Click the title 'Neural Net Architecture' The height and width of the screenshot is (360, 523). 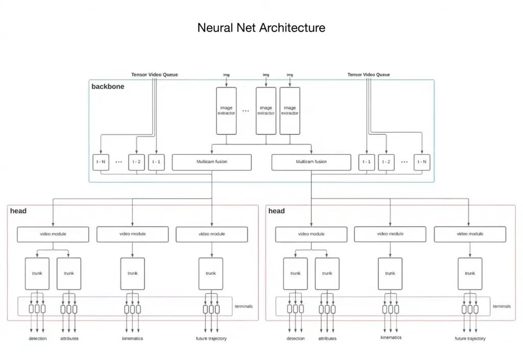[261, 28]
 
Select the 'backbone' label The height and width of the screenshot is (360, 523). [108, 86]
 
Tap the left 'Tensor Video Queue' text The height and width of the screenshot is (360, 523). [154, 75]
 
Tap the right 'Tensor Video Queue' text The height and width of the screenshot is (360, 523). [368, 75]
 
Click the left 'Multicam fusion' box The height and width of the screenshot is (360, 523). [212, 162]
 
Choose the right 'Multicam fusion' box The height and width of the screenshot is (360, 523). [311, 162]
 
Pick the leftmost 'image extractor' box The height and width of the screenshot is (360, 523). [226, 110]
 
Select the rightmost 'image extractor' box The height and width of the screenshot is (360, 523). [290, 110]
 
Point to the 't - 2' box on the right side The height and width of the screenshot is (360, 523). [387, 162]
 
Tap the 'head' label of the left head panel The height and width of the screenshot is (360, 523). [18, 211]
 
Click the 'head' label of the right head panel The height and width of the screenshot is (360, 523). [276, 211]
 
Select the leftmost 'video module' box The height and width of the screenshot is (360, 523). [53, 234]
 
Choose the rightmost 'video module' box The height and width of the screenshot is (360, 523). [469, 234]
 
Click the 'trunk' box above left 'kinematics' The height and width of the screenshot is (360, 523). [132, 274]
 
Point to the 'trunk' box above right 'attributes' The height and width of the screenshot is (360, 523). [327, 274]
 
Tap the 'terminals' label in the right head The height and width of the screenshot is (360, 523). [501, 306]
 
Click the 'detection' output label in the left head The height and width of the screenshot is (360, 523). [37, 339]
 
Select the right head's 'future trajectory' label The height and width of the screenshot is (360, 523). [470, 339]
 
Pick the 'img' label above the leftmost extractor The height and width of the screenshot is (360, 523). [226, 75]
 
